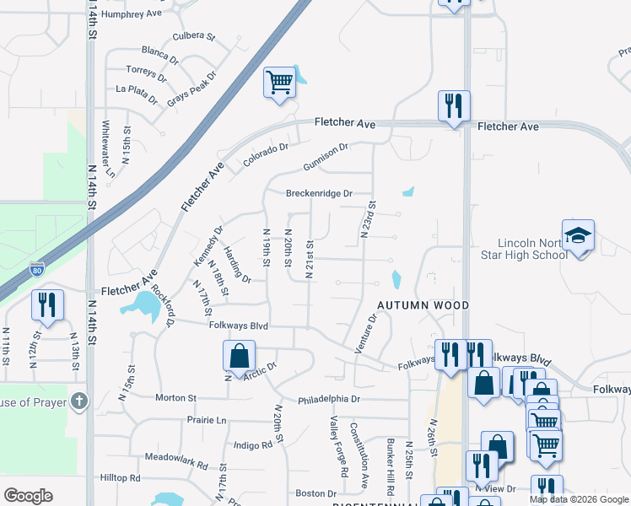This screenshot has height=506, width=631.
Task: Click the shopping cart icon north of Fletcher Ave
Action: pyautogui.click(x=279, y=83)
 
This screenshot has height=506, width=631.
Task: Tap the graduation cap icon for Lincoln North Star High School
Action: pyautogui.click(x=578, y=236)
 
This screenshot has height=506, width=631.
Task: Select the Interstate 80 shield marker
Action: pyautogui.click(x=36, y=270)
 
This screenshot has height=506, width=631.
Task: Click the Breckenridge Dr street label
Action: pyautogui.click(x=318, y=193)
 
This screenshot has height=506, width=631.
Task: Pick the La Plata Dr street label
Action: pyautogui.click(x=138, y=93)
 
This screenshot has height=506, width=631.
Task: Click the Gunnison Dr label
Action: pyautogui.click(x=326, y=153)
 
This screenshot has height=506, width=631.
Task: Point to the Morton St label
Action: pyautogui.click(x=175, y=397)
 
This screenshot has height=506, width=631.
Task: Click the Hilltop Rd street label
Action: pyautogui.click(x=119, y=477)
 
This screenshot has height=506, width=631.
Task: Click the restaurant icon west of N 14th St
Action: pyautogui.click(x=47, y=304)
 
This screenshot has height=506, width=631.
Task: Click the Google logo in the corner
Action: pyautogui.click(x=28, y=496)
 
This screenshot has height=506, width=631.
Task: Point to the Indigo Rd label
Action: pyautogui.click(x=252, y=444)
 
